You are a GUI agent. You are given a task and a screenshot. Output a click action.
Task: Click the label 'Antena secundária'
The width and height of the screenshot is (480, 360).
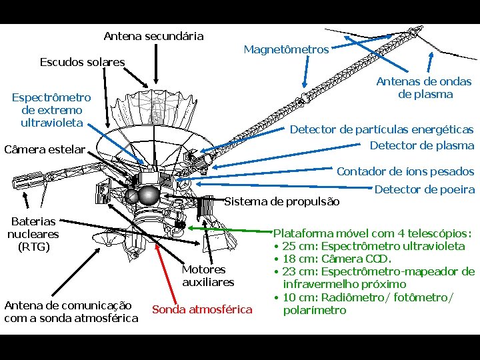153,36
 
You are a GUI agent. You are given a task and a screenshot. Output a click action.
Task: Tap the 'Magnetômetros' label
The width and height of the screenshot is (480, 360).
286,49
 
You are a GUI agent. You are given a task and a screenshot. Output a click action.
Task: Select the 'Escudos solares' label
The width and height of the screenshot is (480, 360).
82,62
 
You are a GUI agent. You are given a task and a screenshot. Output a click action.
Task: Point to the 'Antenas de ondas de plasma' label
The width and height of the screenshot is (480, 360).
424,88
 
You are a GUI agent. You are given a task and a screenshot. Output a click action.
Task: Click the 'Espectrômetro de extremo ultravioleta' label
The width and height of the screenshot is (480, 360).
51,110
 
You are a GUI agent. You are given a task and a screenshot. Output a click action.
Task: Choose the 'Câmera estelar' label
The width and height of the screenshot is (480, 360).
45,149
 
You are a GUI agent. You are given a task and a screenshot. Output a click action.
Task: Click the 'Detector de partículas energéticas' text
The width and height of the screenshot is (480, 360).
381,129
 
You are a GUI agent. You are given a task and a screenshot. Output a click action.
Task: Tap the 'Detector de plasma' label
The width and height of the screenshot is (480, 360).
421,145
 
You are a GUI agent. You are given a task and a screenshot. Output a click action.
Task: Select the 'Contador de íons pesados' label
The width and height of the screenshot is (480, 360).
405,172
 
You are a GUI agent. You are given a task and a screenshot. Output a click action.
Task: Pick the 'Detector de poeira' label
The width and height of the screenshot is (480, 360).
425,190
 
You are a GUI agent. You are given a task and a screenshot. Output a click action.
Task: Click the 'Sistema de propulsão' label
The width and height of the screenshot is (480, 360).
282,201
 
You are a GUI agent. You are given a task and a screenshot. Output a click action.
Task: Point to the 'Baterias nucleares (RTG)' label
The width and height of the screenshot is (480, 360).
33,234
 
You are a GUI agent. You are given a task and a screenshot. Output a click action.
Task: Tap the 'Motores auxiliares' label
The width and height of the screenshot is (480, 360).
208,275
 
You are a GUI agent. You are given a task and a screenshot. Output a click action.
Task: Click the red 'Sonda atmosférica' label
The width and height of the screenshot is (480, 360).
202,309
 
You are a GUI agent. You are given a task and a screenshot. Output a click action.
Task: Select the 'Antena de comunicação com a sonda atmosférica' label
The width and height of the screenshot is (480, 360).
71,311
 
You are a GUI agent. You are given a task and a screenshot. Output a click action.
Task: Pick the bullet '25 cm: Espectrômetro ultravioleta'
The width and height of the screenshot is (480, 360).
373,246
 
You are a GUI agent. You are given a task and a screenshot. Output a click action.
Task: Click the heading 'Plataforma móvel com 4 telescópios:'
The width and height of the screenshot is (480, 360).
373,233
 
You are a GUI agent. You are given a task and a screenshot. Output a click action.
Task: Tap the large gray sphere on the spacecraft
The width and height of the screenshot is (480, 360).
148,195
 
